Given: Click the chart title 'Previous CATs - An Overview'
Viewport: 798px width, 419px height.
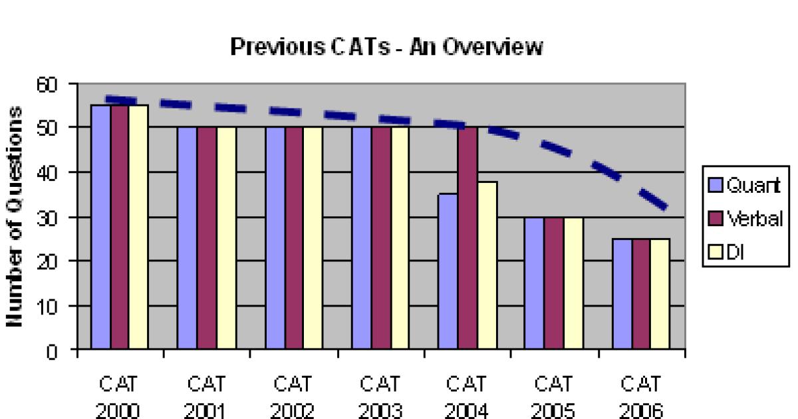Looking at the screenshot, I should coord(386,47).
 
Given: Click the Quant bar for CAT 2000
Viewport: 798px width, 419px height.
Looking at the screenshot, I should coord(100,226).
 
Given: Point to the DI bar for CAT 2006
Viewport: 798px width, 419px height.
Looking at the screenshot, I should coord(660,293).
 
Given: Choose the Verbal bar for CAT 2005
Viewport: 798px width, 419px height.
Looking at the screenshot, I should coord(554,283).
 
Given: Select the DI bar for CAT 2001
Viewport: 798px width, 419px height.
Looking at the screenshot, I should coord(226,237).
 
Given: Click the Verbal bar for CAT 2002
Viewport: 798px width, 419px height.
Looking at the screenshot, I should coord(295,237).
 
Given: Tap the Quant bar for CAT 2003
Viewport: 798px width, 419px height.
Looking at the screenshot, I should coord(362,237).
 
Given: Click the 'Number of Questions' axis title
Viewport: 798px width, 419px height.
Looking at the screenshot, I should coord(20,216).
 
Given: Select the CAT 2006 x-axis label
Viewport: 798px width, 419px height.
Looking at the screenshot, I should coord(640,397).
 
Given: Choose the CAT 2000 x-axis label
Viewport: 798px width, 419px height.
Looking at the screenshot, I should coord(120,397).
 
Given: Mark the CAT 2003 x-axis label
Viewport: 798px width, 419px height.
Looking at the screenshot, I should coord(380,397).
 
